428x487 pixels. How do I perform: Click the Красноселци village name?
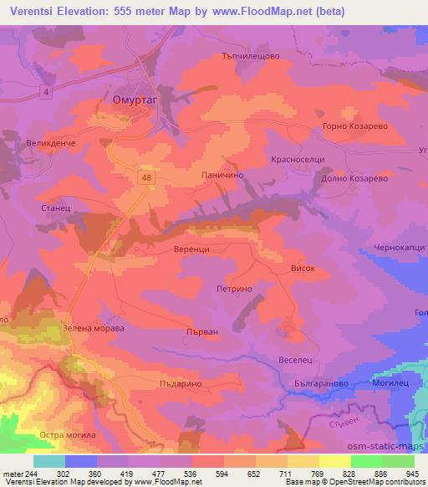[292, 159]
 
